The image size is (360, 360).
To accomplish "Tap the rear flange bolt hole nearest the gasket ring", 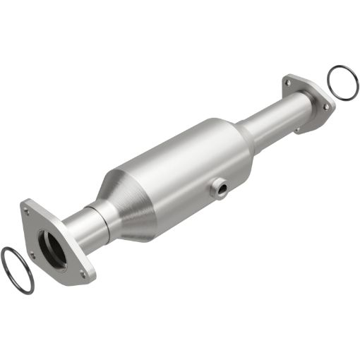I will pyautogui.click(x=325, y=106).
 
